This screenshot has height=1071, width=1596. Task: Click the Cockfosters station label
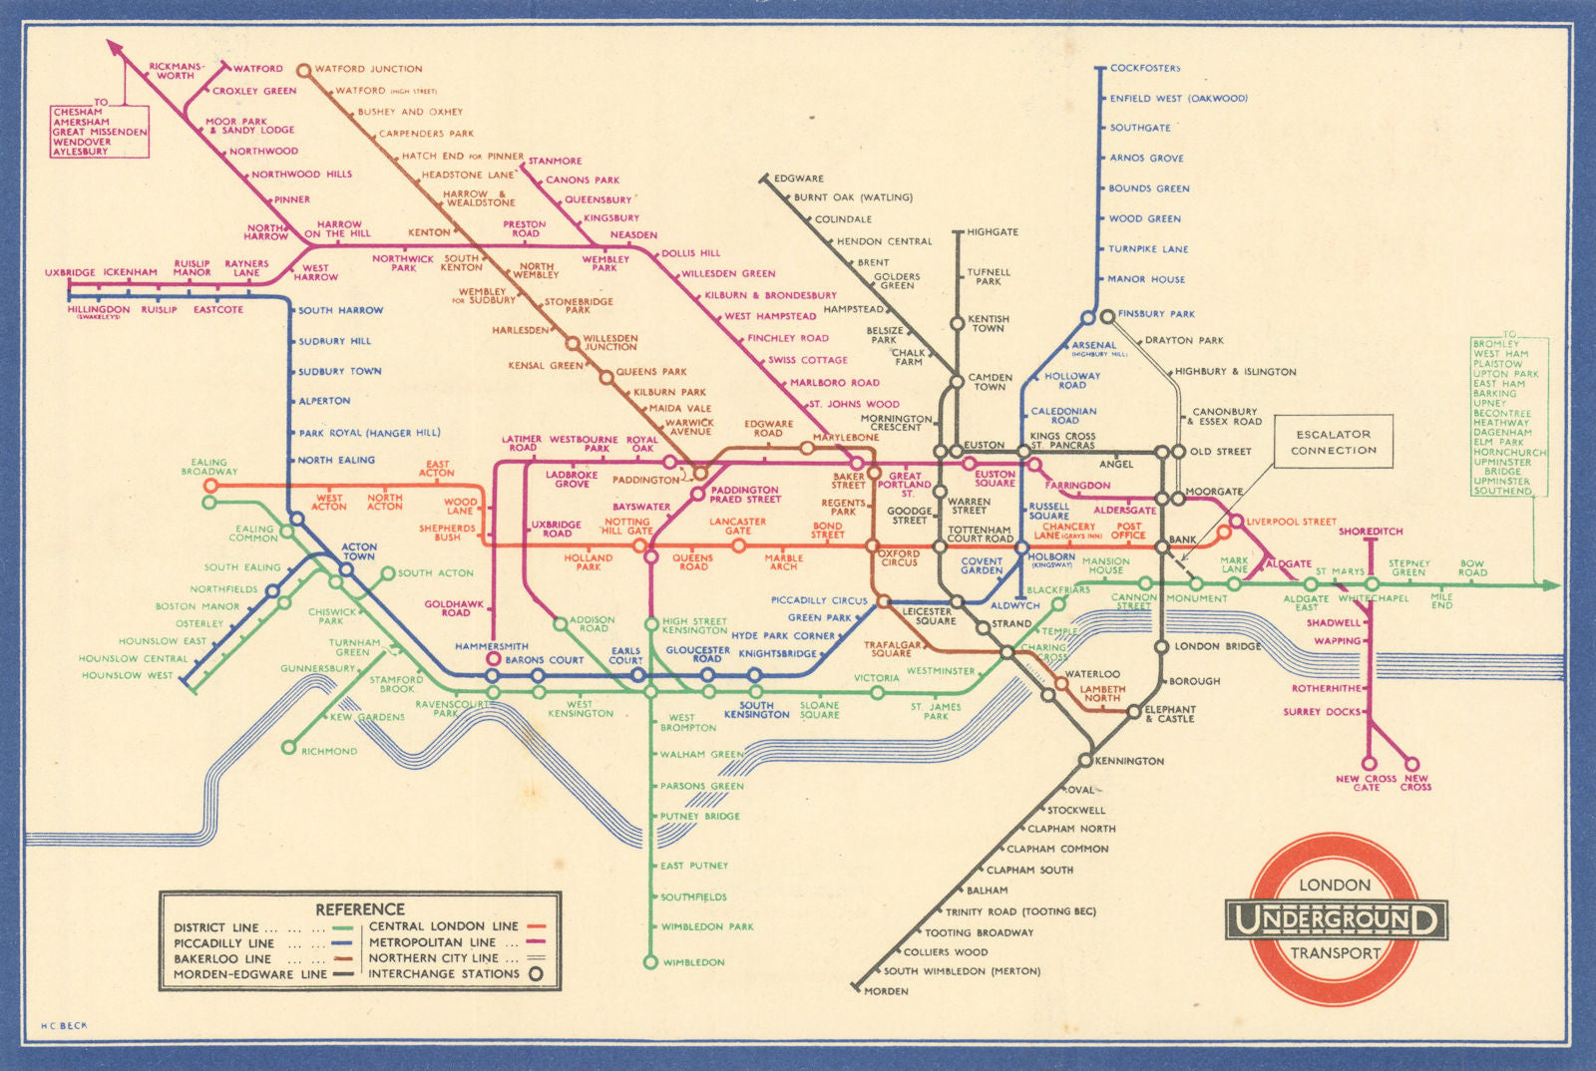pyautogui.click(x=1144, y=68)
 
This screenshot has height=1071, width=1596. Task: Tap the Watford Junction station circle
pyautogui.click(x=304, y=70)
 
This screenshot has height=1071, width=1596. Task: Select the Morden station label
pyautogui.click(x=886, y=991)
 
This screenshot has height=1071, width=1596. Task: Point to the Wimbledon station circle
pyautogui.click(x=650, y=962)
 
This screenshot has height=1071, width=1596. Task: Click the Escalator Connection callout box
pyautogui.click(x=1333, y=442)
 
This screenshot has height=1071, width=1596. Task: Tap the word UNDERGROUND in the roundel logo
pyautogui.click(x=1336, y=919)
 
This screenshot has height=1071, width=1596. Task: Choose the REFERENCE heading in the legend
pyautogui.click(x=360, y=909)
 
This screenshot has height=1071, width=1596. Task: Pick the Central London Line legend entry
pyautogui.click(x=444, y=926)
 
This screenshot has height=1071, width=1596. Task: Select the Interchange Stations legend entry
pyautogui.click(x=444, y=974)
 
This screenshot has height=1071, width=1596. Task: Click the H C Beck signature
pyautogui.click(x=64, y=1025)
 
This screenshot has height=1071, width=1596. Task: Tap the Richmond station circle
pyautogui.click(x=288, y=748)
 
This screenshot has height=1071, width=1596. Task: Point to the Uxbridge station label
pyautogui.click(x=70, y=272)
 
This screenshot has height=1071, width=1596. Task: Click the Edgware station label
pyautogui.click(x=799, y=178)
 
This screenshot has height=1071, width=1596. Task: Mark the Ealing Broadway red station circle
pyautogui.click(x=209, y=486)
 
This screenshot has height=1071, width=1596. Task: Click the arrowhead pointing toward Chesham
pyautogui.click(x=114, y=47)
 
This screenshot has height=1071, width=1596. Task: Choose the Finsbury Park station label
pyautogui.click(x=1155, y=313)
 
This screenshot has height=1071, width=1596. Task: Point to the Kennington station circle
pyautogui.click(x=1085, y=761)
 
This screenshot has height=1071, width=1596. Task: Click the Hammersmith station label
pyautogui.click(x=491, y=646)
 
